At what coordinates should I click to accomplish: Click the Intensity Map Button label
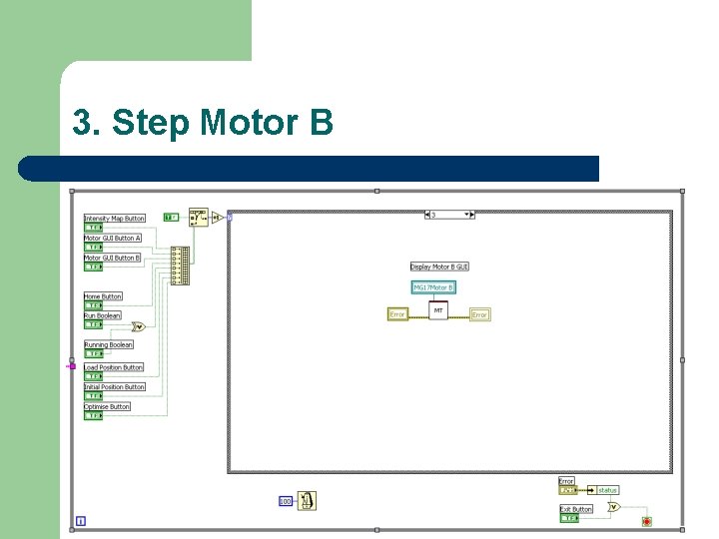(115, 219)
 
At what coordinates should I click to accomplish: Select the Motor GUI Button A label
(113, 239)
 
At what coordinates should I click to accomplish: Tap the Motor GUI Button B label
(113, 258)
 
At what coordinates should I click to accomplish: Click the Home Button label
(103, 296)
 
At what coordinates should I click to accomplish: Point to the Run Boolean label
(102, 315)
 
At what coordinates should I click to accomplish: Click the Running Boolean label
(109, 345)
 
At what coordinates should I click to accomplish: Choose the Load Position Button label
(114, 367)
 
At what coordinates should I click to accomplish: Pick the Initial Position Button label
(115, 387)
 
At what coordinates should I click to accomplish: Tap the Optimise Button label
(107, 407)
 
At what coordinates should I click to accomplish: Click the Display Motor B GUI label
(439, 267)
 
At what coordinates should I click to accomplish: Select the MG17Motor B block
(433, 287)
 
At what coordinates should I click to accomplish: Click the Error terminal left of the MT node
(397, 314)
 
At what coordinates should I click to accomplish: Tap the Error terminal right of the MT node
(479, 314)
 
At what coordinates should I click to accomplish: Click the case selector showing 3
(448, 215)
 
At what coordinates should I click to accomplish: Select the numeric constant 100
(285, 500)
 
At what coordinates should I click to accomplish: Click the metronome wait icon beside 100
(307, 499)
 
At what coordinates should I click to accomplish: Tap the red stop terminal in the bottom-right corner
(646, 521)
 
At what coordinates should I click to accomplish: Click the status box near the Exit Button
(607, 490)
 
